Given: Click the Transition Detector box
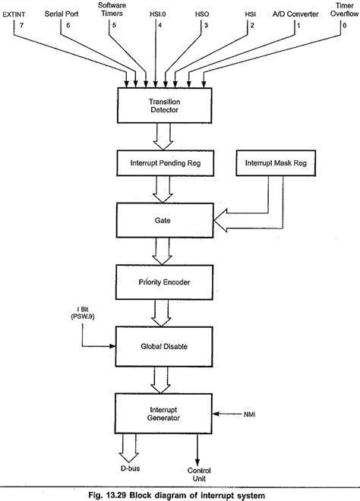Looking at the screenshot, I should [x=162, y=104].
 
